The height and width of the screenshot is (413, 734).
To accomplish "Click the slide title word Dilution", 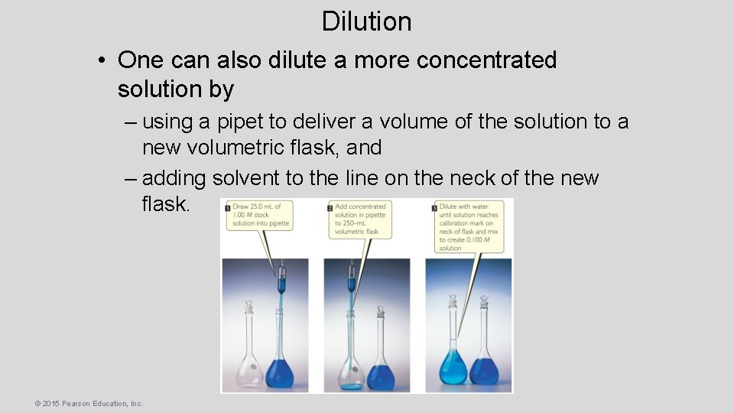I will (x=366, y=21).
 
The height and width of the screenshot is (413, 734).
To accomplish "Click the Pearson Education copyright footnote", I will (x=89, y=403).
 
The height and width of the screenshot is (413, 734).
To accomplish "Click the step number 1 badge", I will (x=227, y=206).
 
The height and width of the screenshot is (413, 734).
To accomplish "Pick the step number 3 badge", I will (x=434, y=207).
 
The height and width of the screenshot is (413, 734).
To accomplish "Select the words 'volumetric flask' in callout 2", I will (x=357, y=231).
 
